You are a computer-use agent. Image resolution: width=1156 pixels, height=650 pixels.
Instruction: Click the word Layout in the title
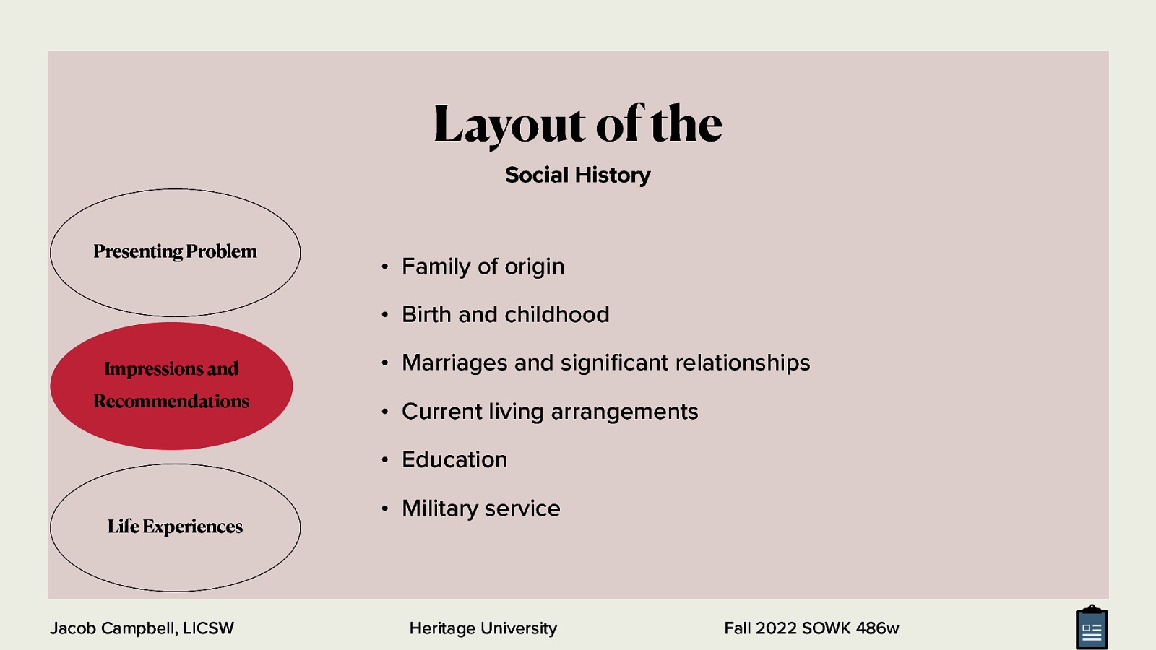509,124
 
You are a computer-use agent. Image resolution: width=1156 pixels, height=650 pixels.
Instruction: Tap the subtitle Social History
577,175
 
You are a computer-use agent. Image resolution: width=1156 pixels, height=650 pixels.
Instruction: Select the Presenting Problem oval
175,252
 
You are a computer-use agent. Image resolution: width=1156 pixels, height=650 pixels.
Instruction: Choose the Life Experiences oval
175,527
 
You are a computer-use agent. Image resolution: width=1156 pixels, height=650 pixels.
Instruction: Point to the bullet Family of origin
483,266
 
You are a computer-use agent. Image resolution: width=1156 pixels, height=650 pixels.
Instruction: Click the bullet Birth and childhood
505,315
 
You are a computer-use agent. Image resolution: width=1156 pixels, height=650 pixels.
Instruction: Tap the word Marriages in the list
454,363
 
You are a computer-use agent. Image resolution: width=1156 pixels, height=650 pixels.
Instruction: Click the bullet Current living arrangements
550,412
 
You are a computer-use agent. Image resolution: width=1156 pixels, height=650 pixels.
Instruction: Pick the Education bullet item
454,460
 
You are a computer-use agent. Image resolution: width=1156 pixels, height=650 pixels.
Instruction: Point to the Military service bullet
480,508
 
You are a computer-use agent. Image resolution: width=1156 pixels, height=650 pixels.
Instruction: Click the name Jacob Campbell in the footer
113,628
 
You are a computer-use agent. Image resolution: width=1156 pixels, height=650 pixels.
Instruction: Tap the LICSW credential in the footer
209,628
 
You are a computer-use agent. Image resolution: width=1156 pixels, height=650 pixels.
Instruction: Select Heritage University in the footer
483,628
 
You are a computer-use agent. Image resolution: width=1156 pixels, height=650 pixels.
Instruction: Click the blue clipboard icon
1091,628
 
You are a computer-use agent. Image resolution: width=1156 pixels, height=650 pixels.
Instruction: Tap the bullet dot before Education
385,460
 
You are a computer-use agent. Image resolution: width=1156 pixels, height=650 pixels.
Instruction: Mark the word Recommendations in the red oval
171,402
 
